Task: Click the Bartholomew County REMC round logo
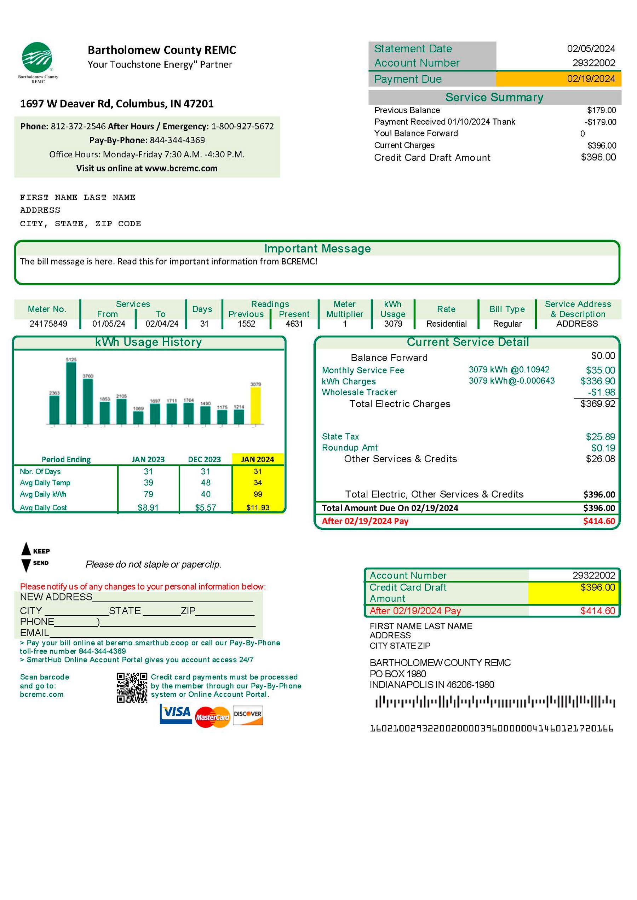pyautogui.click(x=37, y=58)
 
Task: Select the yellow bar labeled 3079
pyautogui.click(x=256, y=405)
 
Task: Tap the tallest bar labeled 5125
pyautogui.click(x=71, y=393)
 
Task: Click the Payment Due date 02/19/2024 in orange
pyautogui.click(x=590, y=79)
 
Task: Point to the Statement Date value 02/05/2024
pyautogui.click(x=590, y=48)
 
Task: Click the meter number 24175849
pyautogui.click(x=48, y=324)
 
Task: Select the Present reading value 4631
pyautogui.click(x=294, y=324)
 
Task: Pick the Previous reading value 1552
pyautogui.click(x=246, y=324)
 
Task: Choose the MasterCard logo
pyautogui.click(x=212, y=717)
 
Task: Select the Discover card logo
pyautogui.click(x=247, y=715)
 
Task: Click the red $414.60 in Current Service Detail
pyautogui.click(x=598, y=521)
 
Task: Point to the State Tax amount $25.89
pyautogui.click(x=600, y=437)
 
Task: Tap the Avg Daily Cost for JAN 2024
pyautogui.click(x=258, y=507)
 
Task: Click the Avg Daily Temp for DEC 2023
pyautogui.click(x=206, y=483)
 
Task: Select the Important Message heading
pyautogui.click(x=317, y=249)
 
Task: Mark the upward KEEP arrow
pyautogui.click(x=26, y=549)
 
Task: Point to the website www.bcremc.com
pyautogui.click(x=181, y=168)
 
